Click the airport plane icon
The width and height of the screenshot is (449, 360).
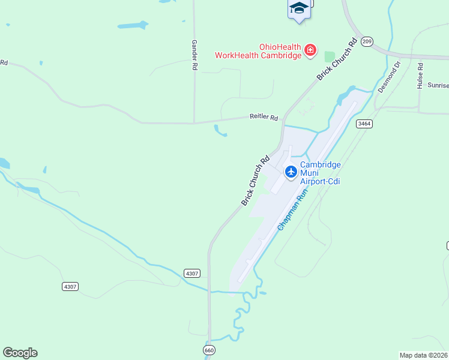pos(291,172)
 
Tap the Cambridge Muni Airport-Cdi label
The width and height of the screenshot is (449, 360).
pos(320,173)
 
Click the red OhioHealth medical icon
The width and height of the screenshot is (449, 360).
pos(310,49)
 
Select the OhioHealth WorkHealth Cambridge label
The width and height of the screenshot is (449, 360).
pos(259,51)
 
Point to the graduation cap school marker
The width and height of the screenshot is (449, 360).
pos(299,8)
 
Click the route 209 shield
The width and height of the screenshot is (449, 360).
pos(368,41)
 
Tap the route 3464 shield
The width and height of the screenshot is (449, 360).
pos(364,124)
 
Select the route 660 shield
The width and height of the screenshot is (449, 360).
pos(209,350)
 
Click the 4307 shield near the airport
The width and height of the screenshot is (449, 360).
pos(192,273)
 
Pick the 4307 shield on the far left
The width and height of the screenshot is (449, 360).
pos(70,286)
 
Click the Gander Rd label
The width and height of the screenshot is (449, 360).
pos(194,56)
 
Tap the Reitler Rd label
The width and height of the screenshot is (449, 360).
pos(264,118)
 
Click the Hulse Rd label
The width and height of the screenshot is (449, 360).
pos(420,76)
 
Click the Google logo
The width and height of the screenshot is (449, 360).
pos(20,353)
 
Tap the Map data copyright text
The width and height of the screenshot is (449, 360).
pos(424,355)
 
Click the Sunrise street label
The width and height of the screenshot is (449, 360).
pos(438,85)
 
